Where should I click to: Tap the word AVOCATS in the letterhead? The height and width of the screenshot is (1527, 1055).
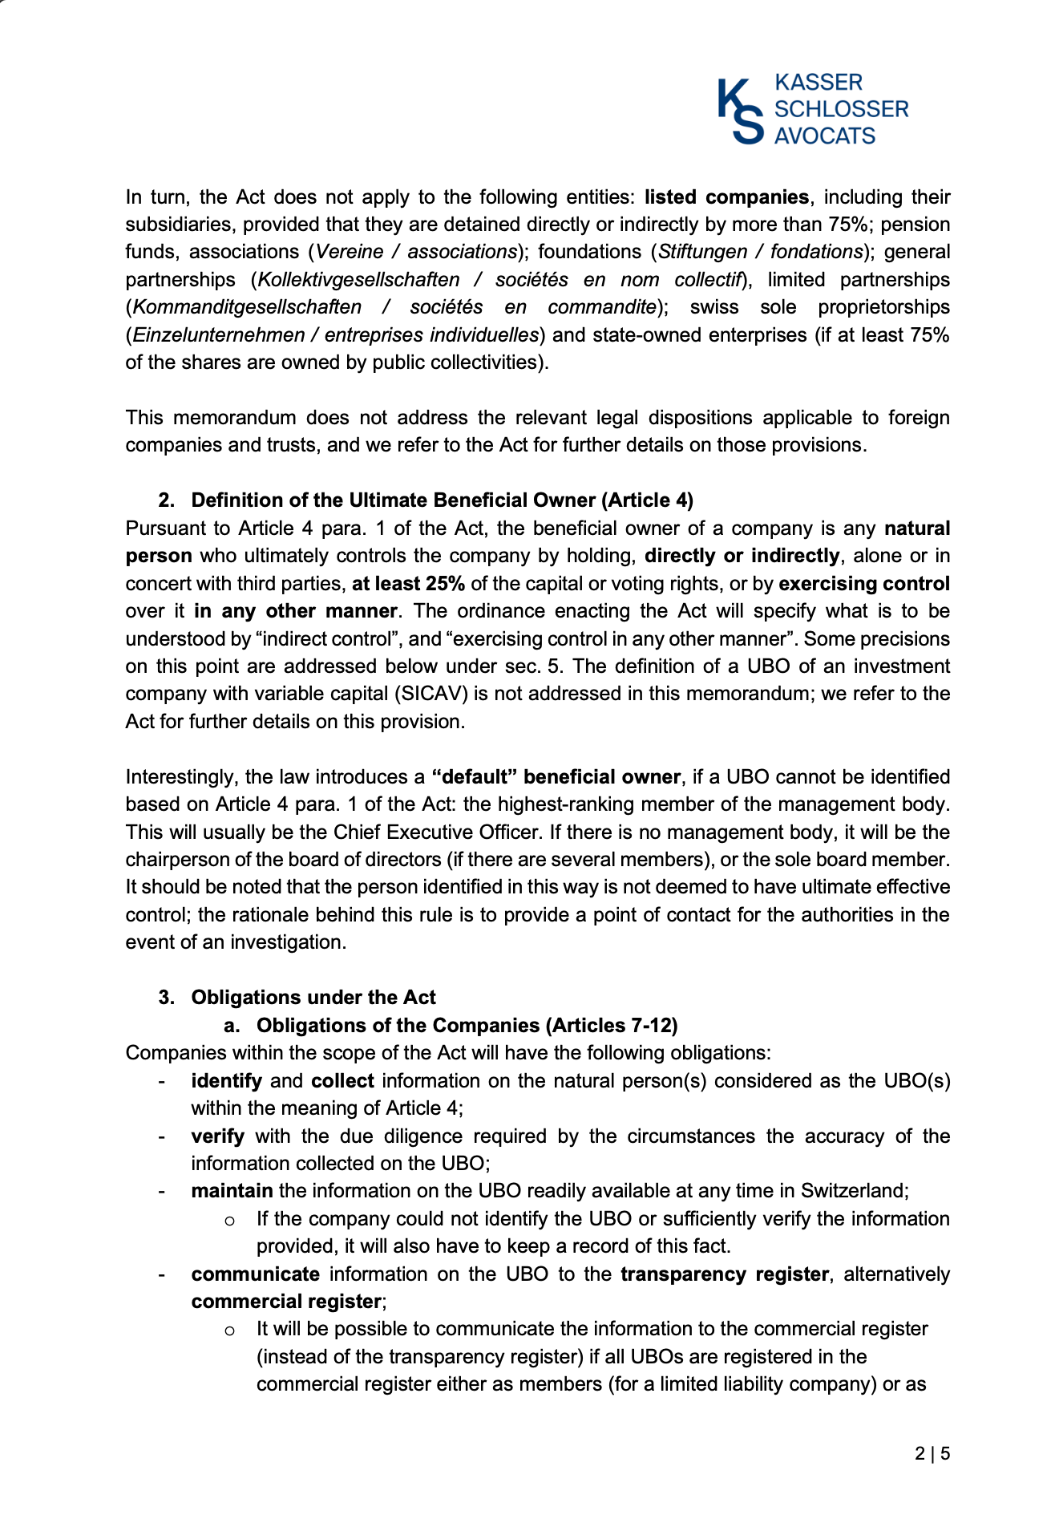pyautogui.click(x=825, y=136)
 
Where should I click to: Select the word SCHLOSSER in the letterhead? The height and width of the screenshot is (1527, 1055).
pyautogui.click(x=841, y=109)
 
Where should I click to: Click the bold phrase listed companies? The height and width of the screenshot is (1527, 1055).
pyautogui.click(x=726, y=197)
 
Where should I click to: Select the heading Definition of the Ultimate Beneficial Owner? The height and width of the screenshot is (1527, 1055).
pyautogui.click(x=442, y=500)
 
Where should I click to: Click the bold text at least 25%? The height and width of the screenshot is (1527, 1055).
pyautogui.click(x=408, y=583)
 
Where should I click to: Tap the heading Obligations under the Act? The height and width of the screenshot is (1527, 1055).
pyautogui.click(x=313, y=998)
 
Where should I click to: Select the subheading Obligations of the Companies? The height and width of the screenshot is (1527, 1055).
pyautogui.click(x=467, y=1026)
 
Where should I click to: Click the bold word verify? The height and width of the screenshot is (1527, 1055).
pyautogui.click(x=217, y=1136)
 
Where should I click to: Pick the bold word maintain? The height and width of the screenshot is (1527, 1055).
pyautogui.click(x=232, y=1191)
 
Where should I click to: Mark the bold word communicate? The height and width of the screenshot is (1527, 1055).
pyautogui.click(x=255, y=1274)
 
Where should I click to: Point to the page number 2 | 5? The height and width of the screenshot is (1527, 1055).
pyautogui.click(x=932, y=1453)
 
